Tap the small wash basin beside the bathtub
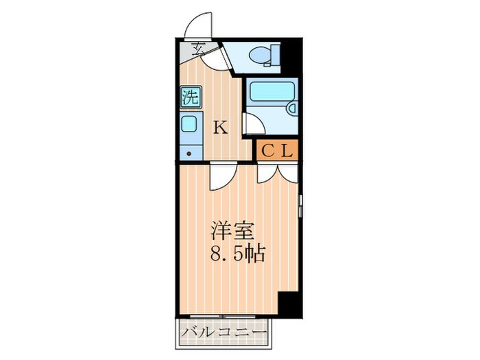click(x=290, y=108)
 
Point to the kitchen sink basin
click(x=189, y=124)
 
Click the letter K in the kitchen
click(x=220, y=127)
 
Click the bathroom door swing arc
click(x=251, y=125)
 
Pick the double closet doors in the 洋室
click(x=278, y=174)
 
